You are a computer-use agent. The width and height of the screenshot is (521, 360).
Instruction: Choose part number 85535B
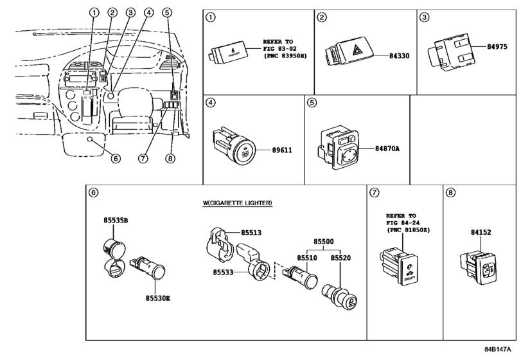tap(116, 221)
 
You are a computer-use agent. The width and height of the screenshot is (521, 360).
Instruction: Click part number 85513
tap(252, 233)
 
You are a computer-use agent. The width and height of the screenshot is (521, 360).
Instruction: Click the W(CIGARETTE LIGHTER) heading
tap(237, 203)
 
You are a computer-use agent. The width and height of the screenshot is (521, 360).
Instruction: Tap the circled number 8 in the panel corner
tap(450, 192)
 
